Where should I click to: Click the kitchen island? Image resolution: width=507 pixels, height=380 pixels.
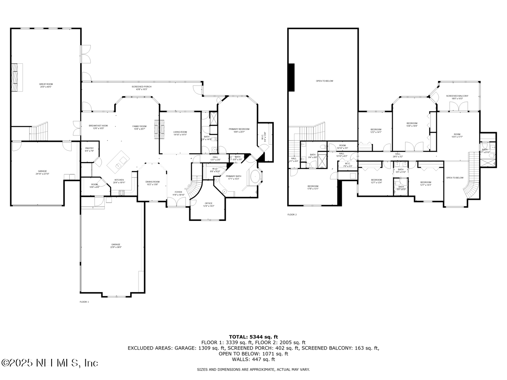click(119, 162)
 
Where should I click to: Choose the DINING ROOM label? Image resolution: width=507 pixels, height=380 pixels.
click(153, 183)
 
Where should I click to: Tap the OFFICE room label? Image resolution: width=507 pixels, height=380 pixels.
click(209, 204)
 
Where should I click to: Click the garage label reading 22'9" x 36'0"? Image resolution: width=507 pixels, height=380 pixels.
click(116, 246)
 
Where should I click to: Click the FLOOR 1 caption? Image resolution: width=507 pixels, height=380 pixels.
click(84, 302)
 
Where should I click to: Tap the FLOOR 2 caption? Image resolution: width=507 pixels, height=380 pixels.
click(292, 214)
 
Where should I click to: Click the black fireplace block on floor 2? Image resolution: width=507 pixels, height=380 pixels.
click(291, 77)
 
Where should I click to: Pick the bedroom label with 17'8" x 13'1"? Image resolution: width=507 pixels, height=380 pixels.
click(313, 187)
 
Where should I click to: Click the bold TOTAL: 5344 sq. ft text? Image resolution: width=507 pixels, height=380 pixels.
click(253, 337)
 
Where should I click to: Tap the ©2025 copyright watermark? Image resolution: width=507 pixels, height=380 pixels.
click(50, 363)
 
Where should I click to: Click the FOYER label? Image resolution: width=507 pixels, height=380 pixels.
click(179, 193)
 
